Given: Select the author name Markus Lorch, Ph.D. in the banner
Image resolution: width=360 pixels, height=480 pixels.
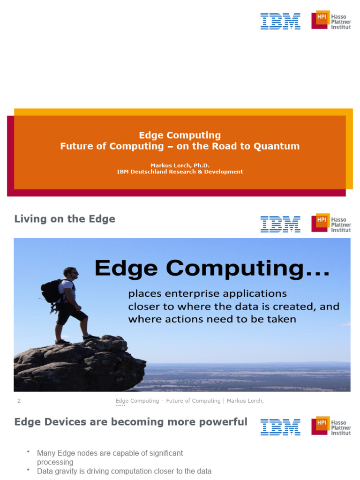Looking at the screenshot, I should point(180,165).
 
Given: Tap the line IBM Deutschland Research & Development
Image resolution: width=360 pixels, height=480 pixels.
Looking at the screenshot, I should point(180,172).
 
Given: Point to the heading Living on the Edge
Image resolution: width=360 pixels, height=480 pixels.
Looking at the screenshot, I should point(65,219).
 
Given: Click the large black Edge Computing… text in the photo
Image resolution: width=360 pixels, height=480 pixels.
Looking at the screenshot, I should point(212,268).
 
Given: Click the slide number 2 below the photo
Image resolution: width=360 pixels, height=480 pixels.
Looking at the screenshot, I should point(19,401).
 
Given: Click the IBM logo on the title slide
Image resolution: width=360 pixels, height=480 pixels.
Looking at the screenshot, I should point(280,22).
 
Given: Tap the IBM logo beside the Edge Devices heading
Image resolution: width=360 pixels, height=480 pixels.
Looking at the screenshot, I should point(280,427).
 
